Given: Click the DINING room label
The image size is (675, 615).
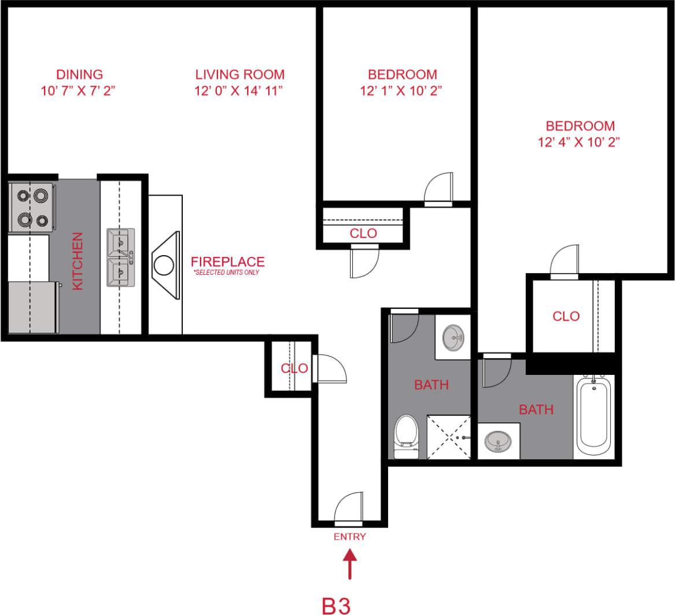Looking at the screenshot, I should pos(79,75).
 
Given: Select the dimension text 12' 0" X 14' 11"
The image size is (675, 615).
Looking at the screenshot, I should pos(239,91).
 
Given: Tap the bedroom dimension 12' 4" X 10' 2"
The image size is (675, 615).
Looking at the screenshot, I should pos(580,142).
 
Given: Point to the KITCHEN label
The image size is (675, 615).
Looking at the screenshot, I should pos(78,261).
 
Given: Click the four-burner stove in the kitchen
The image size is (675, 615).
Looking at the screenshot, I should pos(32,207).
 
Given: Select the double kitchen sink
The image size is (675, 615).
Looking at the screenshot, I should pos(120,257).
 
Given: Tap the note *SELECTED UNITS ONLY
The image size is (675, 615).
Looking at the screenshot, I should pos(226,272).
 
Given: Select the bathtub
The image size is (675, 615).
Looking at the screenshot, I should pos(593,415).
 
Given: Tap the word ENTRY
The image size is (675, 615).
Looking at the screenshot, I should pos(349,536).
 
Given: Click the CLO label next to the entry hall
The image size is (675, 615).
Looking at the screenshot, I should pos(293,369).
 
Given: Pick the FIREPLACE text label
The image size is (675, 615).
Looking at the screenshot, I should pos(228,262).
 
